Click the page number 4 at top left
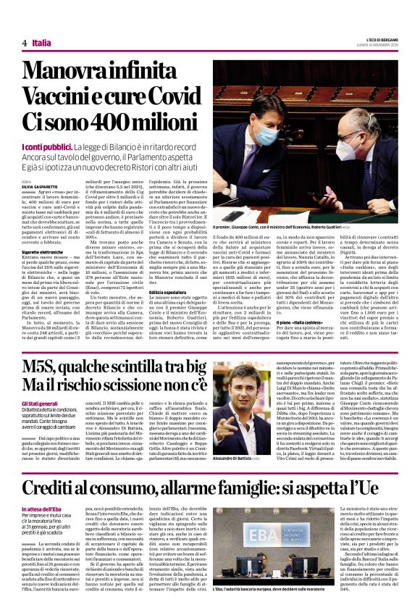point(25,43)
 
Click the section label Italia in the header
point(41,43)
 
